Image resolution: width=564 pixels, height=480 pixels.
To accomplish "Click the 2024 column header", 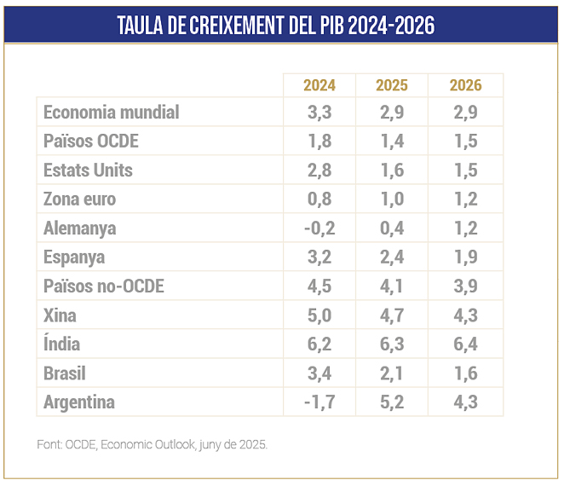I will pyautogui.click(x=319, y=85).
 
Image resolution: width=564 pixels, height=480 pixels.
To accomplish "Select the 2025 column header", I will pyautogui.click(x=392, y=85).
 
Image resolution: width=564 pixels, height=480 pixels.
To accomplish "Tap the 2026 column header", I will pyautogui.click(x=465, y=85).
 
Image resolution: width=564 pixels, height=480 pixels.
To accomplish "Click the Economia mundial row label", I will pyautogui.click(x=111, y=113).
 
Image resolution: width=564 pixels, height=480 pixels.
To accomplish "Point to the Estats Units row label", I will pyautogui.click(x=88, y=171).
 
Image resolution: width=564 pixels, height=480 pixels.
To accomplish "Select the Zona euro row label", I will pyautogui.click(x=79, y=200).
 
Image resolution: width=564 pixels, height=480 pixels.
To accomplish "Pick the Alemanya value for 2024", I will pyautogui.click(x=319, y=228).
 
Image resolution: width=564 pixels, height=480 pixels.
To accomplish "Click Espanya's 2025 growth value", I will pyautogui.click(x=392, y=257).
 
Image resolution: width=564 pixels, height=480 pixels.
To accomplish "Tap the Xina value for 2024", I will pyautogui.click(x=319, y=315).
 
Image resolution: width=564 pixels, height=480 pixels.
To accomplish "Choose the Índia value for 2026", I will pyautogui.click(x=465, y=344).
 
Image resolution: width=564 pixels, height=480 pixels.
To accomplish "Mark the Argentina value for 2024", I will pyautogui.click(x=319, y=402).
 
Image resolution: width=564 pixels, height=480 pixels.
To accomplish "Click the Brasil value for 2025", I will pyautogui.click(x=392, y=373).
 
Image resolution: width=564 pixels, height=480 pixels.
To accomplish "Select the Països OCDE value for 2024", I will pyautogui.click(x=319, y=142).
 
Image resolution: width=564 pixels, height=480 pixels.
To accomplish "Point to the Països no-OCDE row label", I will pyautogui.click(x=103, y=286).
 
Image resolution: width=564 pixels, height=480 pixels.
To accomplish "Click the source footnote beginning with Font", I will pyautogui.click(x=152, y=445).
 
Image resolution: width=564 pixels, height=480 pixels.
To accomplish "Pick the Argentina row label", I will pyautogui.click(x=78, y=402).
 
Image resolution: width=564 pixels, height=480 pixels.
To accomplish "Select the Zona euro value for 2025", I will pyautogui.click(x=392, y=200).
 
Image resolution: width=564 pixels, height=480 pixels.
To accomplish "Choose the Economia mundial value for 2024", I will pyautogui.click(x=319, y=113).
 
